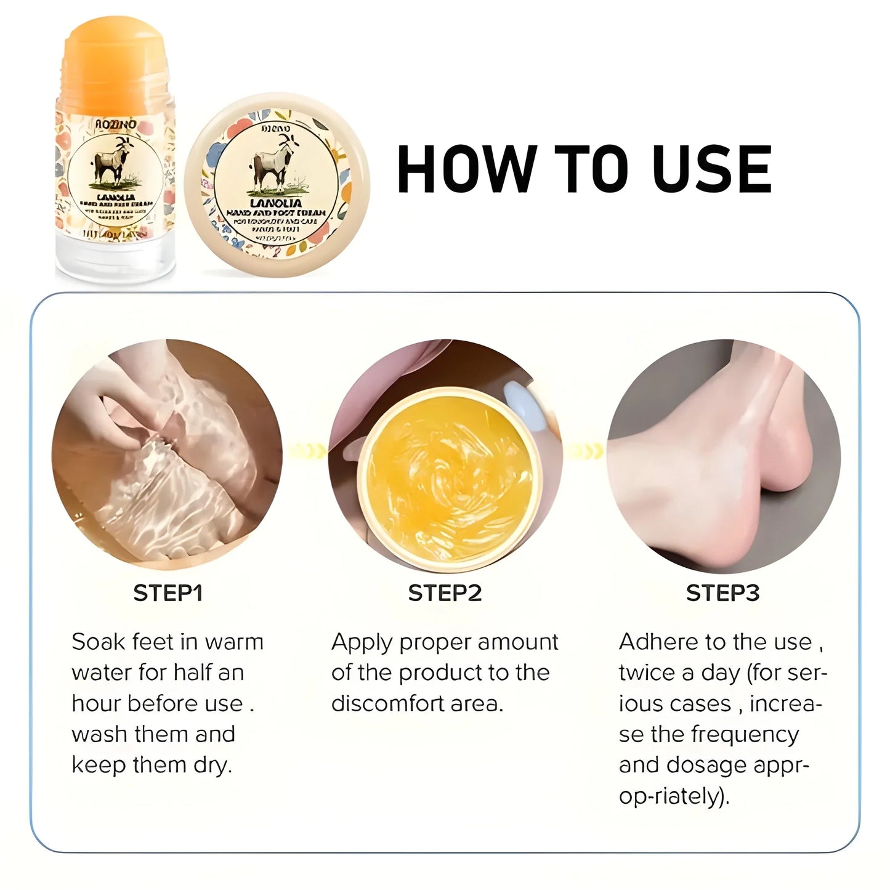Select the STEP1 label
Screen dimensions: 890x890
coord(168,593)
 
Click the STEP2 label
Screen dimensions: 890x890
coord(445,593)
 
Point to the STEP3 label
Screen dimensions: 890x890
coord(722,593)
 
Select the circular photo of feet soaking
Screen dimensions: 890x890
coord(167,456)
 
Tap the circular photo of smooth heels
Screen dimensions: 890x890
coord(724,456)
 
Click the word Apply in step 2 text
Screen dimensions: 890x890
coord(362,643)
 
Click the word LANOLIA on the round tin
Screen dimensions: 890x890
coord(266,202)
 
